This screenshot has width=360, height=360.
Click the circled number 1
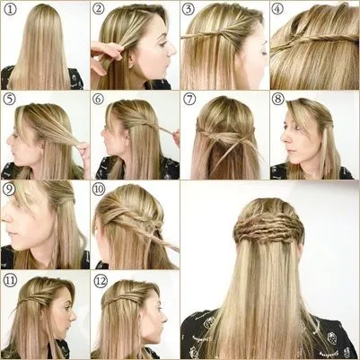10,9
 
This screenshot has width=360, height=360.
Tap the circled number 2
99,9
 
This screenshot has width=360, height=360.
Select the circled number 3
189,9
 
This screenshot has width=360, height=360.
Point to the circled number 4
277,9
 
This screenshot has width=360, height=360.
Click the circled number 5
9,99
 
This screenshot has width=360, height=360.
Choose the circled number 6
98,99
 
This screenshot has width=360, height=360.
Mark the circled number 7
189,99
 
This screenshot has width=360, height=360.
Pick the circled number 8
278,99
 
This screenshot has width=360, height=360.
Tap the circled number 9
9,189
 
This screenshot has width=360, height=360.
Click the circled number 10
99,189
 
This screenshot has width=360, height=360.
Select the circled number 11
10,281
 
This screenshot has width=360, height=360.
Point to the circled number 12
101,281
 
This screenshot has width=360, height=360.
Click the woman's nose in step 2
171,50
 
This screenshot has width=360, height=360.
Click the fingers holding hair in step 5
84,149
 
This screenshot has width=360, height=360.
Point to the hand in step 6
176,136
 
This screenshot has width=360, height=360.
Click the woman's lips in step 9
11,233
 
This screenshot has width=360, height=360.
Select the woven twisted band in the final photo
268,228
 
